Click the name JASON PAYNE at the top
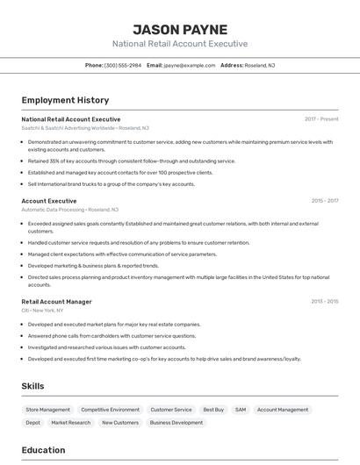(180, 29)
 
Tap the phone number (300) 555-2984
(123, 65)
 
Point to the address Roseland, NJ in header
(260, 65)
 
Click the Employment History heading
(65, 100)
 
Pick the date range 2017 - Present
(321, 119)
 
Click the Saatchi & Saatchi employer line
(85, 128)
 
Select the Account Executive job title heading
(49, 201)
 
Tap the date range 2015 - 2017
(324, 201)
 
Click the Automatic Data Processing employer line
(70, 210)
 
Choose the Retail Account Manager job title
(56, 302)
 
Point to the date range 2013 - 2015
(324, 302)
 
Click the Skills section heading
(32, 386)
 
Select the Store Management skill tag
(47, 410)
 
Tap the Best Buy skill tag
(213, 410)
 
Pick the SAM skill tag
(240, 410)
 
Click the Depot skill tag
(32, 423)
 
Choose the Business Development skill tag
(176, 423)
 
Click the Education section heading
(43, 450)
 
